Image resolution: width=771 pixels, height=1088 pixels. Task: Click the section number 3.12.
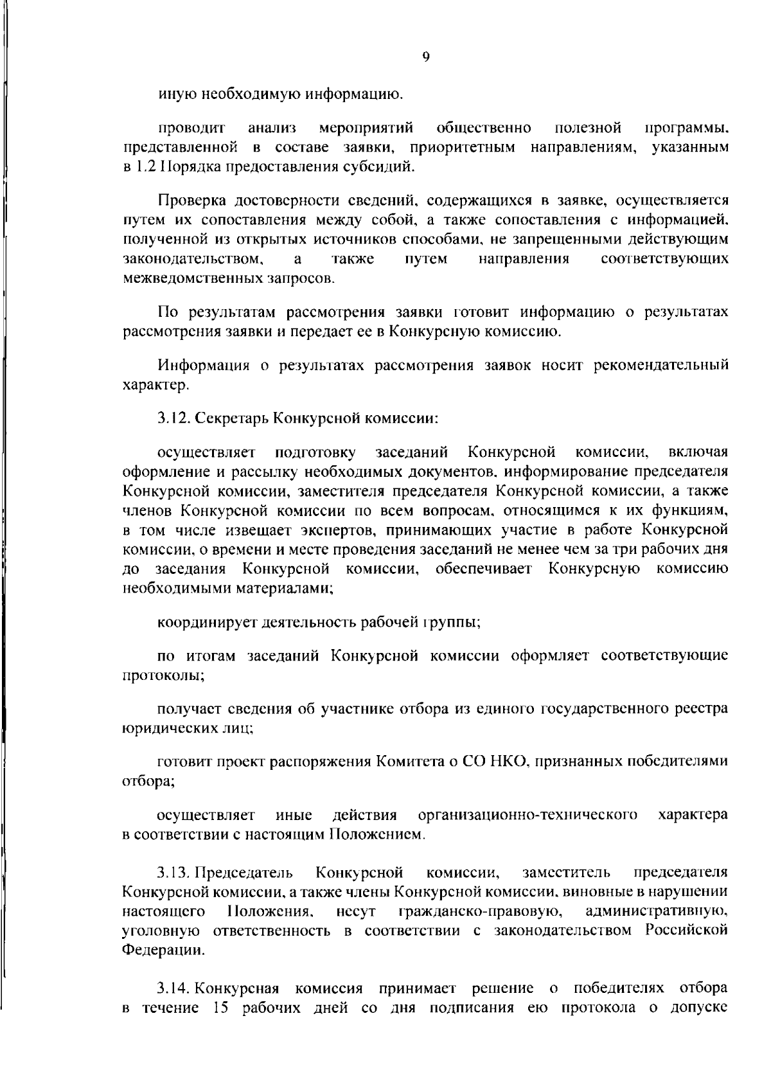click(x=173, y=418)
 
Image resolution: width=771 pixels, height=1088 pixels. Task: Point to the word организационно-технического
click(x=527, y=815)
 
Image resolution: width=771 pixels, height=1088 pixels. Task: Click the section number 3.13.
click(x=173, y=873)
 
